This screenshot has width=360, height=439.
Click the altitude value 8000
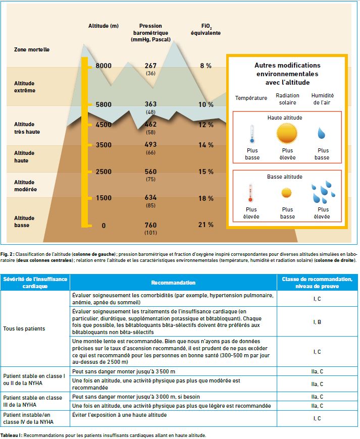tap(104, 66)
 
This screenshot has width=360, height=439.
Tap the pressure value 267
tap(151, 66)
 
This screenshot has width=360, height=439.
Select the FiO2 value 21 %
tap(206, 225)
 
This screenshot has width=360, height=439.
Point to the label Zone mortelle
tap(32, 49)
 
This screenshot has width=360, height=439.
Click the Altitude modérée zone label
tap(25, 186)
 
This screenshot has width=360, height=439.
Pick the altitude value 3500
tap(104, 145)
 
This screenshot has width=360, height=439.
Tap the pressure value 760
tap(151, 225)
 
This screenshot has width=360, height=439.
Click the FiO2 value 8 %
tap(206, 66)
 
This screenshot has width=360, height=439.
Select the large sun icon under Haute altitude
tap(287, 134)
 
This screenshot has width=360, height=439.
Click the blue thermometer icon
tap(252, 134)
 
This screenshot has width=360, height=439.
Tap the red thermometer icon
tap(250, 193)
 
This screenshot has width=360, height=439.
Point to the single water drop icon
tap(321, 133)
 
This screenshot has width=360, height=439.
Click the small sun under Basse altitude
tap(286, 193)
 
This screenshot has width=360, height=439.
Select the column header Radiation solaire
tap(287, 99)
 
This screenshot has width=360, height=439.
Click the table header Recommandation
tap(173, 283)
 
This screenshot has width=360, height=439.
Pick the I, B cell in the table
tap(317, 322)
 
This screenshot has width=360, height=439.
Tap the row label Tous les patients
tap(24, 328)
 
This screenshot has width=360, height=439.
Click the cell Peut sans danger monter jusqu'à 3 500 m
tap(124, 371)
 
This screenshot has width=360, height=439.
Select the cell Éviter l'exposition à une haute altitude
tap(119, 415)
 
